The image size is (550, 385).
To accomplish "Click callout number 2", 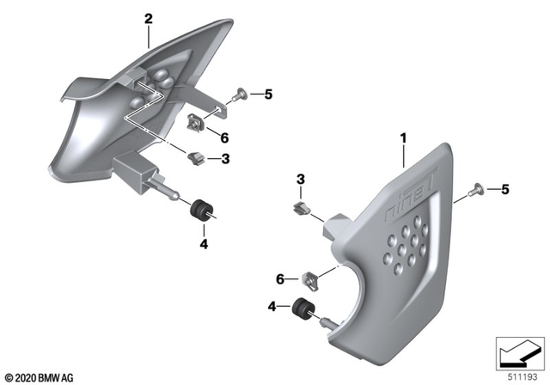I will (149, 18).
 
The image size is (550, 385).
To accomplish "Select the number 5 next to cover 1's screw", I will (504, 188).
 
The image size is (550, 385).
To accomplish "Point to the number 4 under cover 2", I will (204, 244).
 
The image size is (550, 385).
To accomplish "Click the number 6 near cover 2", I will (223, 137).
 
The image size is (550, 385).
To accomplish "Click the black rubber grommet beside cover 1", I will (302, 307).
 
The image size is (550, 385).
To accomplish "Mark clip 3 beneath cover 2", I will (197, 157).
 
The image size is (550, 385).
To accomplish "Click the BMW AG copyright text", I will (38, 376).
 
